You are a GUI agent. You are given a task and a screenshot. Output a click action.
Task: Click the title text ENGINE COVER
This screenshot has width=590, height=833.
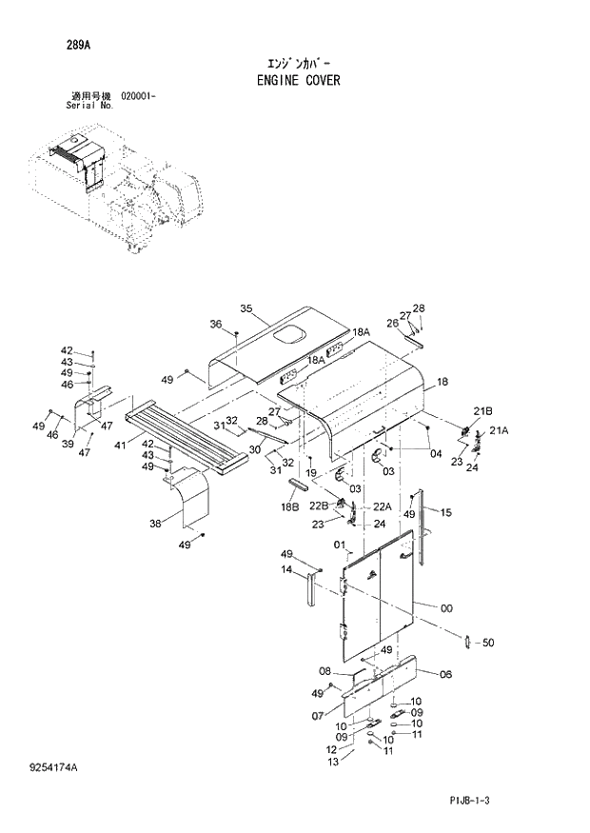click(x=298, y=81)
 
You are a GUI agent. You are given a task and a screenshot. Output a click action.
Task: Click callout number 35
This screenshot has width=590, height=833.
click(x=246, y=308)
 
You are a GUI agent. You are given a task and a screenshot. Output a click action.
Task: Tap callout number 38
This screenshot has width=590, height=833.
click(x=156, y=523)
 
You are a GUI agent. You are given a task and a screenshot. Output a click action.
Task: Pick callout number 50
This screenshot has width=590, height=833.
click(x=488, y=643)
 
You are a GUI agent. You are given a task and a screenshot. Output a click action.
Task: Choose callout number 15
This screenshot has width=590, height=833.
click(x=445, y=511)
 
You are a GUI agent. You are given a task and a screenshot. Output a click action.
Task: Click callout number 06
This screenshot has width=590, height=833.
click(x=444, y=674)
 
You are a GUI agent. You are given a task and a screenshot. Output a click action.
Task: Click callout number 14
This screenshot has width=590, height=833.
click(x=285, y=570)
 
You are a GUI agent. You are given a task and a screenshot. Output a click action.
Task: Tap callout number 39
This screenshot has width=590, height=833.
click(x=69, y=444)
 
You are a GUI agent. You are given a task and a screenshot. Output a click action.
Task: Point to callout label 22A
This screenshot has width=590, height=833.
click(x=383, y=506)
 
